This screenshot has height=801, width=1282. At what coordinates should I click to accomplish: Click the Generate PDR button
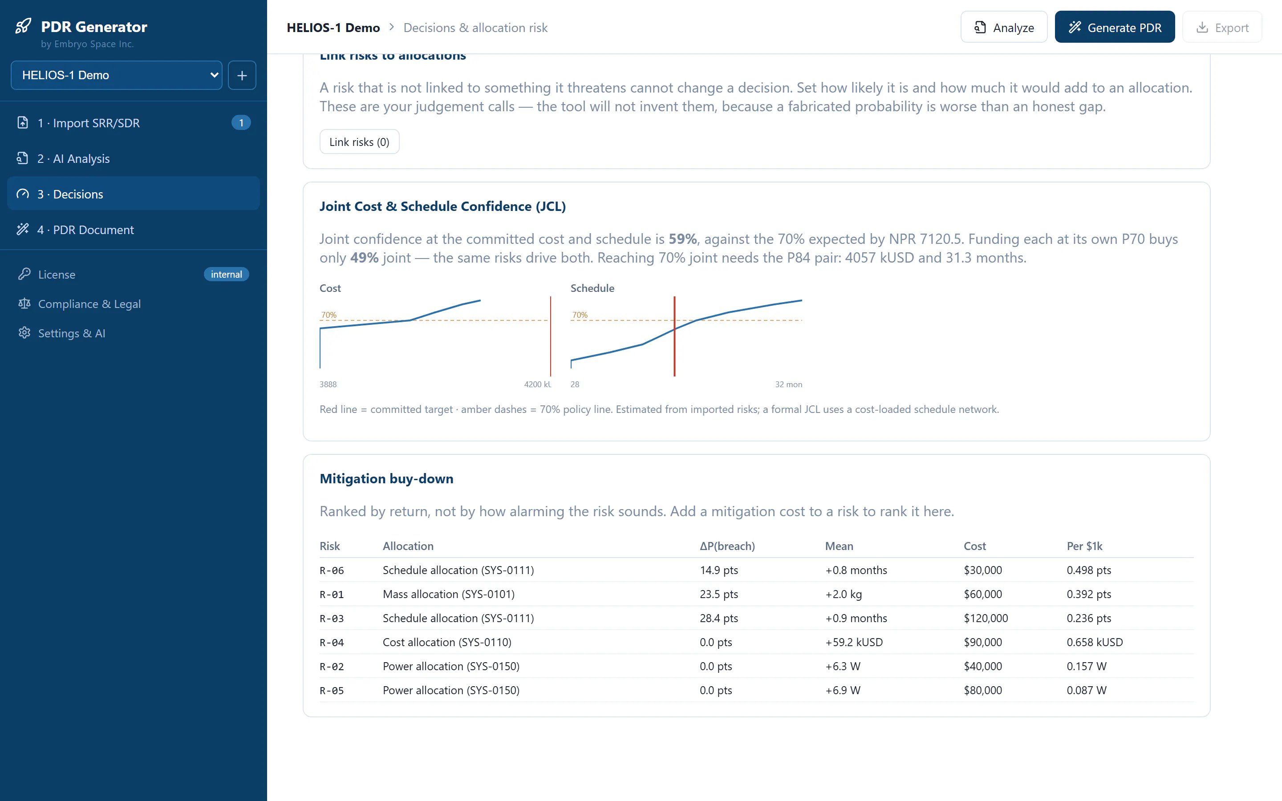click(x=1115, y=27)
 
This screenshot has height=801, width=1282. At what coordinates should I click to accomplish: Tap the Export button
click(x=1222, y=27)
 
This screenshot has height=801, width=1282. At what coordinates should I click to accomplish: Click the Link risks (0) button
click(x=359, y=142)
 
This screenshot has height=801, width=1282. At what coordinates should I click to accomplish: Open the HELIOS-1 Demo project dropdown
click(x=117, y=75)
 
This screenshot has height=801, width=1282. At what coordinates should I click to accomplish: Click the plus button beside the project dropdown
click(x=242, y=75)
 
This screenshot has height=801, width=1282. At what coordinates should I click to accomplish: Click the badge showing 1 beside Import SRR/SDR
click(x=241, y=123)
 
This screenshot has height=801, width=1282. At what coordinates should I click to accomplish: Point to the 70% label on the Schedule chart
click(x=580, y=315)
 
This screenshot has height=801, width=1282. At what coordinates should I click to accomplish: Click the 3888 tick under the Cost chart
click(x=328, y=384)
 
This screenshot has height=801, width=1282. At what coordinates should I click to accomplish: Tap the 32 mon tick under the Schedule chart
click(x=788, y=384)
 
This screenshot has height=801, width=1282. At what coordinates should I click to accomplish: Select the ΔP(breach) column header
click(x=727, y=546)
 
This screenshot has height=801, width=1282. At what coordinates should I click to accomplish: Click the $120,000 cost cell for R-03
click(x=986, y=618)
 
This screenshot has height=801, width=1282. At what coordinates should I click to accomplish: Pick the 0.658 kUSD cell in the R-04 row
click(x=1095, y=642)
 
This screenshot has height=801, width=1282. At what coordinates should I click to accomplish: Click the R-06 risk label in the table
click(x=332, y=570)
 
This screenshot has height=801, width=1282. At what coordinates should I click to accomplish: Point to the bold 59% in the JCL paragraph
click(x=682, y=239)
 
